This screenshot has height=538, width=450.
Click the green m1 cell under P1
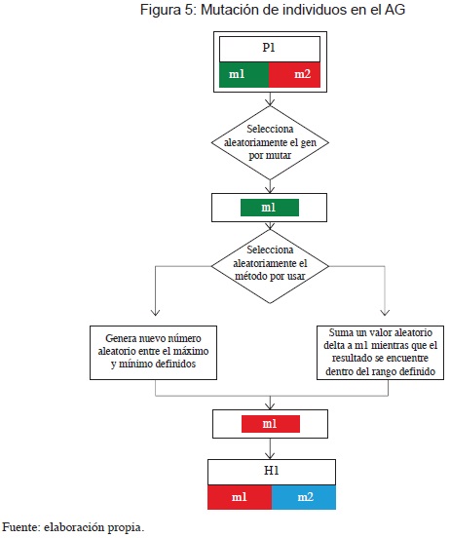point(244,74)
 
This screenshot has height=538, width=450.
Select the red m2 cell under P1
point(294,74)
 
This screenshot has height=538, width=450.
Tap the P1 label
point(269,48)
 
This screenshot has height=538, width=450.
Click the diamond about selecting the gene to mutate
point(270,142)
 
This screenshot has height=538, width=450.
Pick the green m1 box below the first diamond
point(270,208)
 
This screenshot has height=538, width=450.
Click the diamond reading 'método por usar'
point(270,266)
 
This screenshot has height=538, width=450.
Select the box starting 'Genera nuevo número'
point(153,353)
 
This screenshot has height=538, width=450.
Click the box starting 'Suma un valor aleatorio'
point(380,353)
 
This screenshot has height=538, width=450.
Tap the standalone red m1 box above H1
point(271,424)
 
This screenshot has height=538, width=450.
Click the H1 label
point(272,471)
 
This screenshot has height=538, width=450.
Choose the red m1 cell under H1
point(240,497)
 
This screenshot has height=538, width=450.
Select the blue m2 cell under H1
point(304,497)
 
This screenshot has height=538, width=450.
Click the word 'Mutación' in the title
point(230,10)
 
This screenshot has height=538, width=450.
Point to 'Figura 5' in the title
point(167,10)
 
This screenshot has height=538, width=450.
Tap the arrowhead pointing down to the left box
point(156,312)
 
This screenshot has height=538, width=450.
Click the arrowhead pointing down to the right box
point(385,312)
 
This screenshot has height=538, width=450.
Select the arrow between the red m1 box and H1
point(270,448)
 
